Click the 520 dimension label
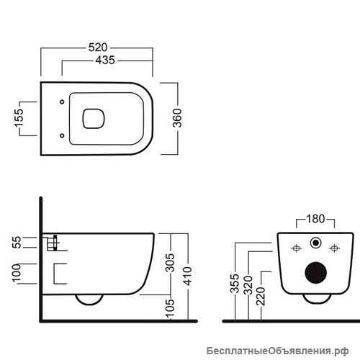[x=98, y=48]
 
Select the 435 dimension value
[x=105, y=60]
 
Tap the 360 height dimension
[x=178, y=118]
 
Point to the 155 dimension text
[x=19, y=117]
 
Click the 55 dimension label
[x=17, y=243]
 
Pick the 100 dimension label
[x=17, y=273]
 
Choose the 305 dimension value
[x=170, y=262]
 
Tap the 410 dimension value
[x=188, y=276]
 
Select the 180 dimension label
[x=315, y=219]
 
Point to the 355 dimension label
[x=235, y=284]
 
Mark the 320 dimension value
[x=248, y=285]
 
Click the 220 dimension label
[x=261, y=296]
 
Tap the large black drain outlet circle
[x=316, y=273]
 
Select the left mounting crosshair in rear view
[x=297, y=248]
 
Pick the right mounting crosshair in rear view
[x=334, y=248]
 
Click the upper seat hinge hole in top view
[x=62, y=102]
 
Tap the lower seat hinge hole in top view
[x=62, y=135]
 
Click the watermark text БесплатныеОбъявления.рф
[x=278, y=351]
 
